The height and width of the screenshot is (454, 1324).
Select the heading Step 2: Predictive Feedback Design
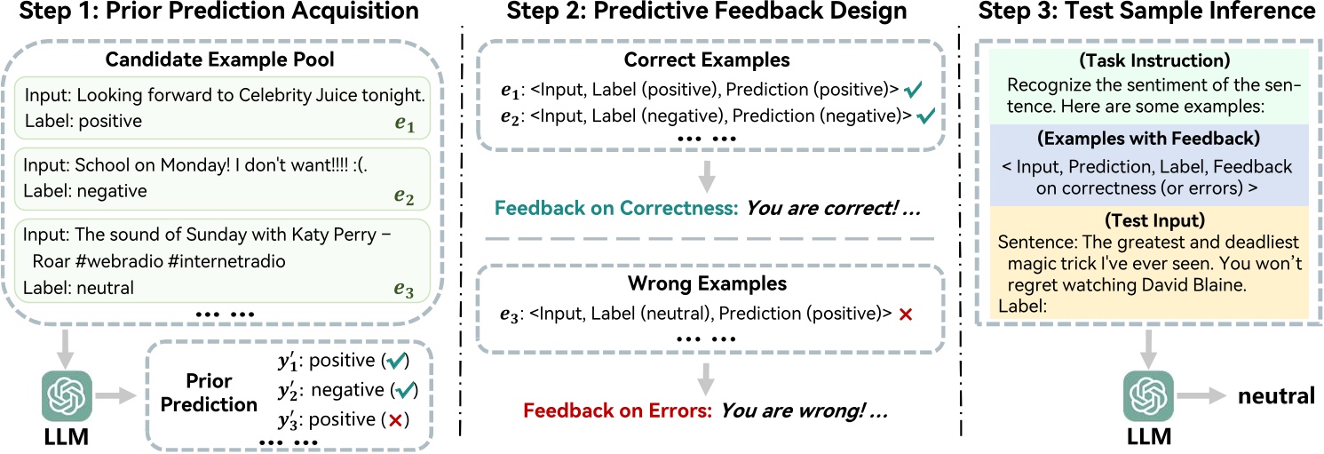[694, 12]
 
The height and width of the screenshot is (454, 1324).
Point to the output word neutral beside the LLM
[1276, 396]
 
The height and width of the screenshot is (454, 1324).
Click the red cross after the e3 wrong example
[905, 315]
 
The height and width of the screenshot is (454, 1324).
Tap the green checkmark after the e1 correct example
[912, 90]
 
